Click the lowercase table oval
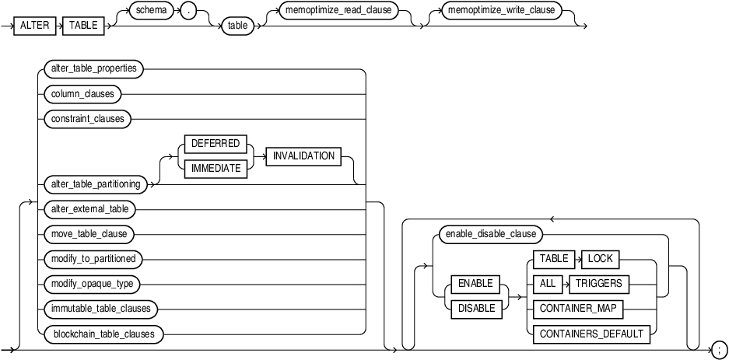click(235, 25)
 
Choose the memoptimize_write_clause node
click(495, 12)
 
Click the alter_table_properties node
click(93, 68)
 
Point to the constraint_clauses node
click(88, 119)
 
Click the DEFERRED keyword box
click(216, 144)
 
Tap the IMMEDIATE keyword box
click(216, 166)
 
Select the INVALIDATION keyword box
click(303, 156)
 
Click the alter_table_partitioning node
click(96, 183)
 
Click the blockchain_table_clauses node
click(103, 334)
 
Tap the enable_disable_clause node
click(489, 232)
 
